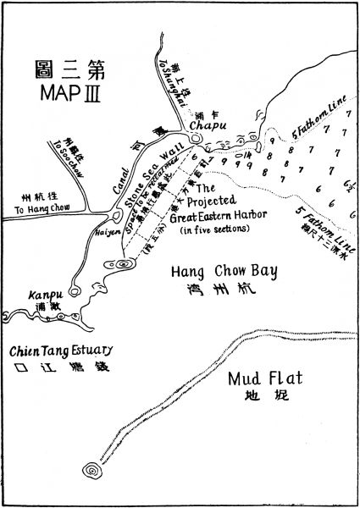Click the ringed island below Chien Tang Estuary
(x=90, y=470)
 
